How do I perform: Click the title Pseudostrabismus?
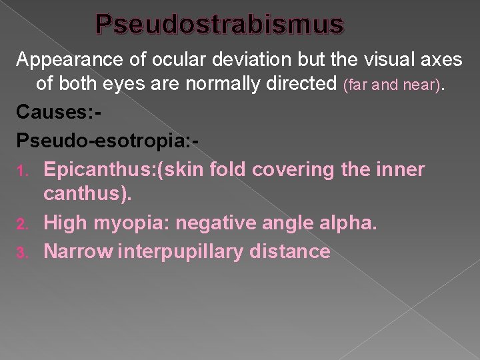[220, 25]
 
